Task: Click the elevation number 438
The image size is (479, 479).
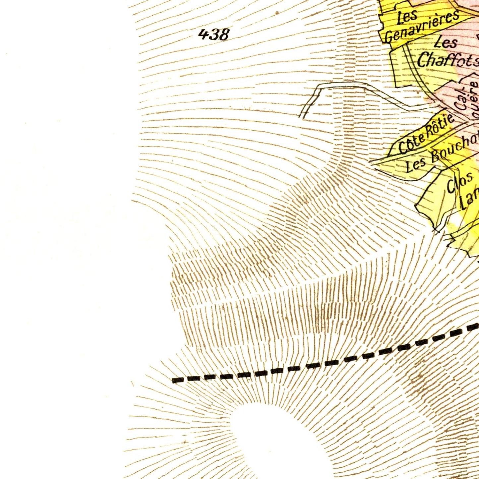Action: [x=214, y=34]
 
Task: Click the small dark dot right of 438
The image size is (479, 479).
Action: [x=277, y=13]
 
